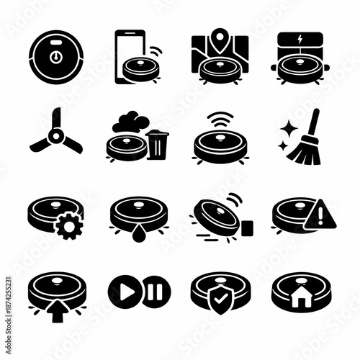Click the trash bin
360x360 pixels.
(x=157, y=143)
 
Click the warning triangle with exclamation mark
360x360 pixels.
(x=317, y=216)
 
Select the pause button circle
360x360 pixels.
(x=155, y=292)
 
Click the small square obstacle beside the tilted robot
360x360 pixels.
(x=247, y=228)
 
